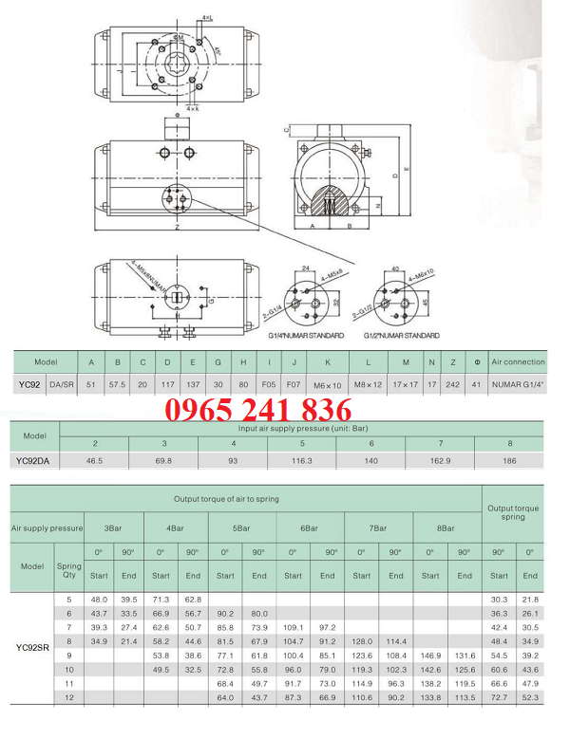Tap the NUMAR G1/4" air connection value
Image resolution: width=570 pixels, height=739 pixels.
pos(519,385)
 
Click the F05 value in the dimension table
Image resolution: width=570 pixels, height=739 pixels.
pos(268,385)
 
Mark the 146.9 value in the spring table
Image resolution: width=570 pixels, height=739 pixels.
pos(430,655)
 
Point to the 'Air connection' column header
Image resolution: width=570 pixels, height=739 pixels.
pos(519,361)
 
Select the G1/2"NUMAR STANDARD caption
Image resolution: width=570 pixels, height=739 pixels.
pos(401,335)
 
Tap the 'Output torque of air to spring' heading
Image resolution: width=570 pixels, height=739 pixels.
pos(225,499)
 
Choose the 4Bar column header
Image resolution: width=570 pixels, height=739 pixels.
pos(175,527)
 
